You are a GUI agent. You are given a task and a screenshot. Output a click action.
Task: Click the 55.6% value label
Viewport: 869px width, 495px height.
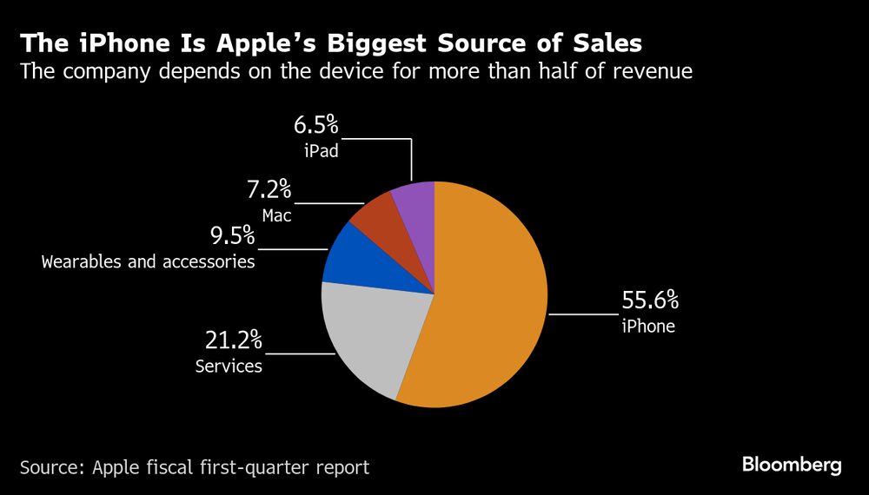[649, 302]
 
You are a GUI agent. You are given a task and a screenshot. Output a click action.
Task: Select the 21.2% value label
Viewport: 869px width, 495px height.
[233, 340]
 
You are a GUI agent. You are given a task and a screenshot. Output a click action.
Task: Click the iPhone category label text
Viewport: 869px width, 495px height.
[647, 327]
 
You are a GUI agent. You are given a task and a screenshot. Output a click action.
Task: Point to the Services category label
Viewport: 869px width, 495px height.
[229, 366]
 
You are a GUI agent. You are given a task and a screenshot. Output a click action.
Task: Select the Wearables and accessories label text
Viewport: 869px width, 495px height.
[148, 261]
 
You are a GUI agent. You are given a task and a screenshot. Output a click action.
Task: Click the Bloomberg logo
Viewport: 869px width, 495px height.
[792, 465]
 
